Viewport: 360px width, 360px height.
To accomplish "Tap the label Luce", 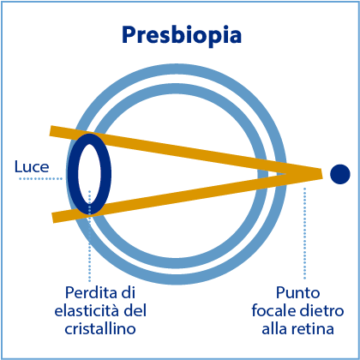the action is tap(32, 167).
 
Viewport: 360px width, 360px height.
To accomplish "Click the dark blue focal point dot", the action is tap(340, 174).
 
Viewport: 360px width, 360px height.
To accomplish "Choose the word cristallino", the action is tap(100, 329).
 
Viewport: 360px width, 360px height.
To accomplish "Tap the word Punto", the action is tap(297, 293).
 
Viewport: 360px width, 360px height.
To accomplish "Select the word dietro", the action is tap(321, 311).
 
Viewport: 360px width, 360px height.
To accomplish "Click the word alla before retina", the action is tap(277, 329).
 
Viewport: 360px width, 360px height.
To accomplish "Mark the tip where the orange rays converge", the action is tap(322, 173).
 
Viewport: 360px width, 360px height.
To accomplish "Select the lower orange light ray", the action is tap(186, 197).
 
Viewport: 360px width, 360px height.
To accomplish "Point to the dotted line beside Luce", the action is tap(40, 179).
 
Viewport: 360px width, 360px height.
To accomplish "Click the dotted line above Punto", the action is tap(304, 233).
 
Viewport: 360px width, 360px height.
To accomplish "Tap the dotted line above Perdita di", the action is tap(90, 236).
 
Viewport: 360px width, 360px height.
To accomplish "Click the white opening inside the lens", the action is tap(89, 174).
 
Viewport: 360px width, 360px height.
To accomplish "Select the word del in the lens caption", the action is tap(135, 311).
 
